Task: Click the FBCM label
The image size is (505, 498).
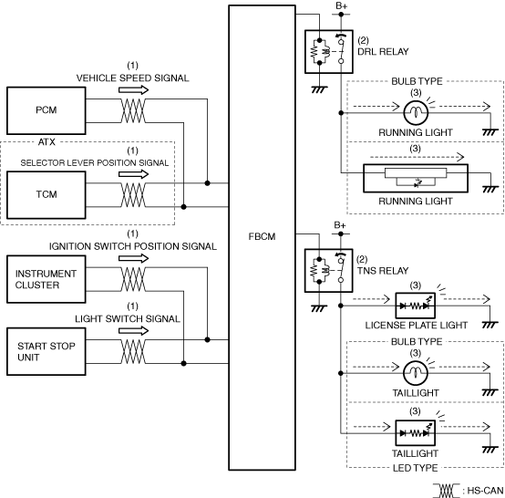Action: click(262, 236)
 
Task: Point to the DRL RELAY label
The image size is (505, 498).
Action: click(383, 52)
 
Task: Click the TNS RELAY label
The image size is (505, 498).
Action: click(383, 271)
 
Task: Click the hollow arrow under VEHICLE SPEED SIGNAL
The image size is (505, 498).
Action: click(134, 90)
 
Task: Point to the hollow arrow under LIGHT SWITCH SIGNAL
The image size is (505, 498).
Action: click(134, 331)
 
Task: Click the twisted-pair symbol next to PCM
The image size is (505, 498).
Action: click(133, 110)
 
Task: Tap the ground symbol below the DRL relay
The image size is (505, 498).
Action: click(319, 89)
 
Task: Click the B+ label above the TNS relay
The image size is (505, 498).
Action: click(340, 225)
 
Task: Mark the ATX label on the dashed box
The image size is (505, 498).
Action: click(46, 141)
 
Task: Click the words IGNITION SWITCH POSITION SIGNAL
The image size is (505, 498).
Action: click(133, 246)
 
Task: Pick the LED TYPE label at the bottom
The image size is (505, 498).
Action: click(415, 468)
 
